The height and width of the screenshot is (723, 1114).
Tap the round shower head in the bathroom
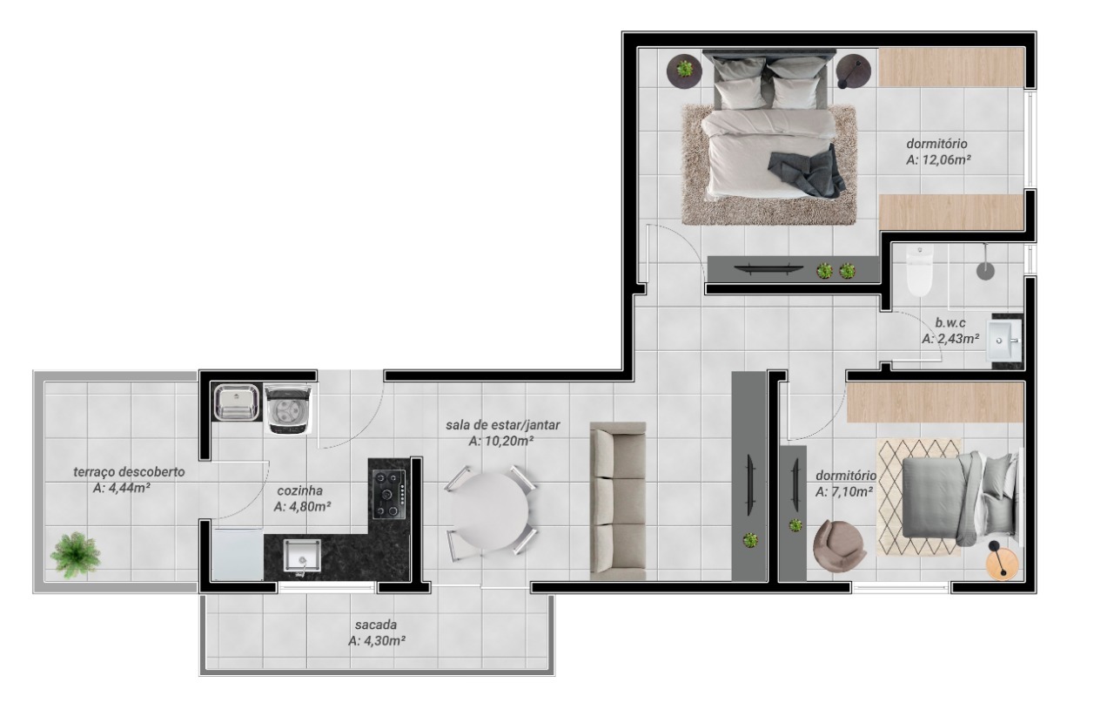(x=985, y=271)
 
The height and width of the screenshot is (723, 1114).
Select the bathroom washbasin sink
(x=1004, y=341)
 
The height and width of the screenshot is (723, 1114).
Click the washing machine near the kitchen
(x=288, y=409)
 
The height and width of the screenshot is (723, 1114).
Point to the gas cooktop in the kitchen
(x=389, y=495)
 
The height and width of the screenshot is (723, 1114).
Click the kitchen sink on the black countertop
(x=302, y=555)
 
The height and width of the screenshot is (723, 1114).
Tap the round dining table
(x=489, y=511)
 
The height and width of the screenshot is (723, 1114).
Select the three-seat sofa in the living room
(x=618, y=501)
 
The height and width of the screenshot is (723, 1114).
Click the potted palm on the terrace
(x=76, y=555)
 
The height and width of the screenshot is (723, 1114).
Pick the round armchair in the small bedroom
(x=839, y=545)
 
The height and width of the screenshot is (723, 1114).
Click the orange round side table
(x=1002, y=564)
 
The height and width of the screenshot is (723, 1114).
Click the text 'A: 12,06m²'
(x=939, y=159)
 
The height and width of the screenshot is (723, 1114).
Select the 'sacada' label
(x=376, y=625)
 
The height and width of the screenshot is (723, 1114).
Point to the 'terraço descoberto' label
(x=129, y=472)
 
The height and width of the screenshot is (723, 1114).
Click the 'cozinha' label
(x=300, y=490)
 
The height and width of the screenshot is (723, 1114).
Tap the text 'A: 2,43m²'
(x=950, y=339)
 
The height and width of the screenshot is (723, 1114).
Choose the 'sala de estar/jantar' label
(x=503, y=425)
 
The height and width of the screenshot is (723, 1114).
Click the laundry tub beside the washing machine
(x=237, y=402)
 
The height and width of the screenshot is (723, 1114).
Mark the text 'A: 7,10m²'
(x=844, y=492)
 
